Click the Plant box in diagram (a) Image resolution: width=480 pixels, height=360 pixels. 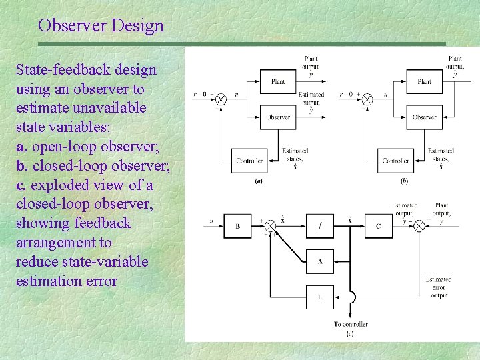[278, 82]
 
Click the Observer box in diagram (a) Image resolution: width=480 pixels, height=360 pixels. [278, 117]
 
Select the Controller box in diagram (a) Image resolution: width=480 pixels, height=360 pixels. [249, 161]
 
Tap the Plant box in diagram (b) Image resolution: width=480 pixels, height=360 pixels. [424, 82]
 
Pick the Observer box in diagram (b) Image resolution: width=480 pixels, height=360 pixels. [424, 117]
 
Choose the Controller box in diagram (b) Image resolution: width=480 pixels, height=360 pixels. [395, 161]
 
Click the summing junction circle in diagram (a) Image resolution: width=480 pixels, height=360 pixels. [221, 99]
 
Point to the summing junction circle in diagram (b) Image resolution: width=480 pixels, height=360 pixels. [367, 99]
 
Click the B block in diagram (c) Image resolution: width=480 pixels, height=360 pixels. [238, 226]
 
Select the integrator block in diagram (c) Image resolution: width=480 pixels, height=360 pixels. [320, 226]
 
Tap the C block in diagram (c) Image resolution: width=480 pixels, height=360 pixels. [378, 226]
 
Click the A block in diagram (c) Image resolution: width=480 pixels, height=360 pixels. [320, 261]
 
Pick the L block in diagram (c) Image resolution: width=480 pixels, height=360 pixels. [320, 297]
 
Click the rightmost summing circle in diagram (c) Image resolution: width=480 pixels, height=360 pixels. [419, 226]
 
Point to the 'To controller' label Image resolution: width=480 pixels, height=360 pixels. [351, 324]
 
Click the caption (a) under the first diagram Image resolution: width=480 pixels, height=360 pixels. [259, 181]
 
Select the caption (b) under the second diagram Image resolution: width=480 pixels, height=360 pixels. [404, 181]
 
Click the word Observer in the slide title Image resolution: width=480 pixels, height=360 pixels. [72, 26]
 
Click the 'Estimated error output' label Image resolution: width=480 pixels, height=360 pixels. [439, 287]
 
